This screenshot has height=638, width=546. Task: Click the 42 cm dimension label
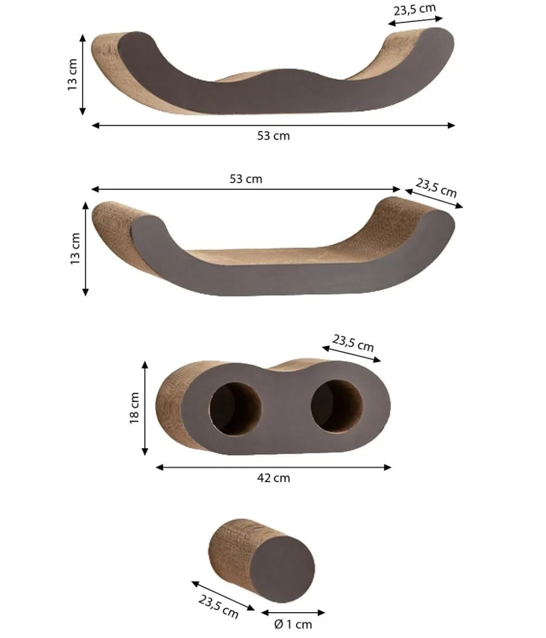coord(274,478)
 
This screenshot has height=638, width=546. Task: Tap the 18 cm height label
coord(135,408)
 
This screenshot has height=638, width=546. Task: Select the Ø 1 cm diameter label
coord(293,624)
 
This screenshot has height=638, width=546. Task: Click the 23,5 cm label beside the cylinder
coord(218,606)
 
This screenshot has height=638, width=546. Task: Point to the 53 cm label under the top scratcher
coord(274,136)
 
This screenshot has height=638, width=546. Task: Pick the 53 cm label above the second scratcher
coord(246,179)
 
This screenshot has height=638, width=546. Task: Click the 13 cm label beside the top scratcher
coord(73,74)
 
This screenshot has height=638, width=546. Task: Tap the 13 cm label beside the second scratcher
coord(75,248)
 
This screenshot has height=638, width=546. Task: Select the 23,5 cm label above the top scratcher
coord(415,10)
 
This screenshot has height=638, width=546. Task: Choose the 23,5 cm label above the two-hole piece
coord(353,342)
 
